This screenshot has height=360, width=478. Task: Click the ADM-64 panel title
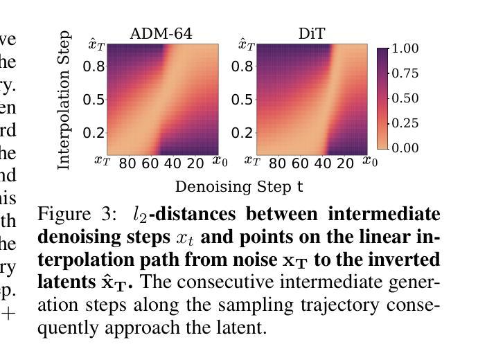(x=161, y=34)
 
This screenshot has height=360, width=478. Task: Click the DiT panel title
(x=312, y=34)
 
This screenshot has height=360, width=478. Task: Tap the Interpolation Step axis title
(x=64, y=100)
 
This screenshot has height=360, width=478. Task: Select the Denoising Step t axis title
(x=239, y=187)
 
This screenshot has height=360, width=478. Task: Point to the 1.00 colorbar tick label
(x=405, y=48)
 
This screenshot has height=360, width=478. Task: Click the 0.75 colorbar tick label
(x=405, y=73)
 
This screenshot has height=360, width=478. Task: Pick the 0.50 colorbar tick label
(x=405, y=98)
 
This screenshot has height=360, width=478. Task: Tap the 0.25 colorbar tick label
(x=405, y=123)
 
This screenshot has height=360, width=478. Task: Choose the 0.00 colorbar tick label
(x=405, y=148)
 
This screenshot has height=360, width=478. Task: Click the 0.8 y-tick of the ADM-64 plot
(x=94, y=66)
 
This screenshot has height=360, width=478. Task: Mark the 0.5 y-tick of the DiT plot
(x=243, y=100)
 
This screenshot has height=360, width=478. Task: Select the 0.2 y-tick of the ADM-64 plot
(x=94, y=133)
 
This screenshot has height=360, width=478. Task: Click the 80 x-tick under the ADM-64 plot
(x=127, y=163)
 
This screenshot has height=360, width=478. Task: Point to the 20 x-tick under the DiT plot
(x=345, y=163)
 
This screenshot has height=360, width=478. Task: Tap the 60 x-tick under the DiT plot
(x=300, y=163)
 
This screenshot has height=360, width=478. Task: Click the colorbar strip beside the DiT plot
(x=382, y=98)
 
